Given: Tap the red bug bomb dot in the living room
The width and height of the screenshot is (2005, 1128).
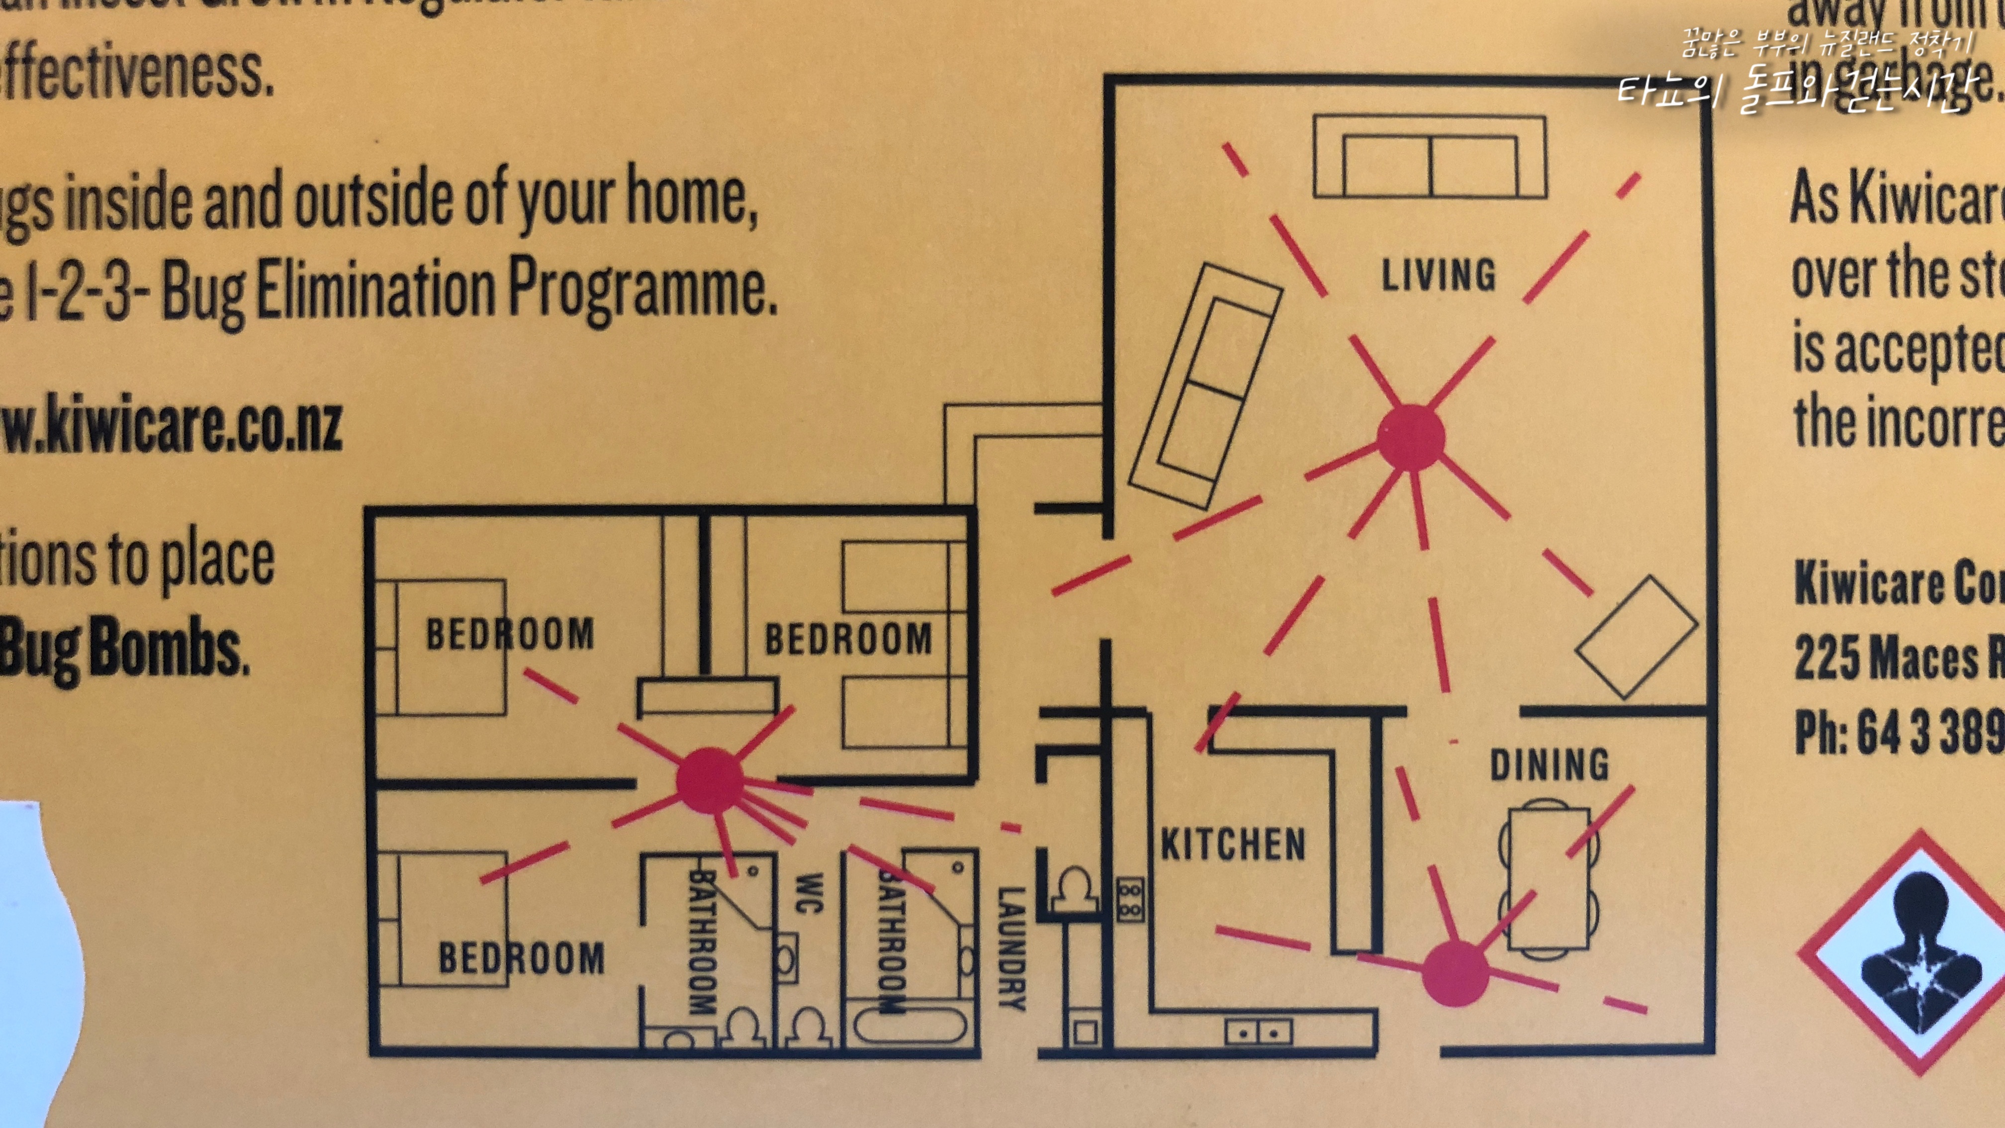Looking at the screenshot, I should click(x=1410, y=438).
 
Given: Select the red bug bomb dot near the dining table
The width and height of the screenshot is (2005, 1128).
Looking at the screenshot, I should click(x=1454, y=973).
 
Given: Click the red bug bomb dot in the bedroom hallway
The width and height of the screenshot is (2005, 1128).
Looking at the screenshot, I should click(x=709, y=781).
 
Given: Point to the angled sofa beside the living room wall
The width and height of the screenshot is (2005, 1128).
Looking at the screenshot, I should click(x=1205, y=386).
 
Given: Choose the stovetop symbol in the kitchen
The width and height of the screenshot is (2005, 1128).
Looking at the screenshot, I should click(x=1130, y=900).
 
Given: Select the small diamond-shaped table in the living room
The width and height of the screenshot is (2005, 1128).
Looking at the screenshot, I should click(x=1636, y=637).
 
